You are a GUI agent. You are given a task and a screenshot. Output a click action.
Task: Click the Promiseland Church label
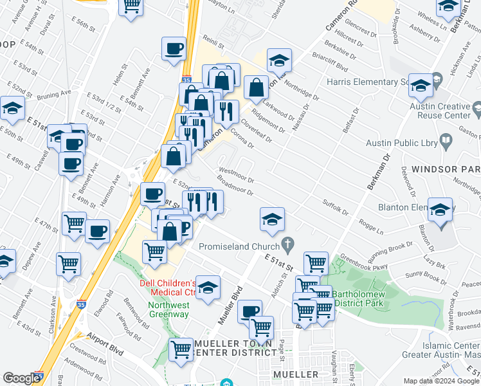[x=238, y=246]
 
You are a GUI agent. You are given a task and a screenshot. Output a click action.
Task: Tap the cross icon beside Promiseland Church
[x=288, y=245]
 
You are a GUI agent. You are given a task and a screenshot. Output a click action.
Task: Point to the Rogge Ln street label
[x=371, y=226]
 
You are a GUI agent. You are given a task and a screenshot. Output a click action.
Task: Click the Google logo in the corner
[x=21, y=378]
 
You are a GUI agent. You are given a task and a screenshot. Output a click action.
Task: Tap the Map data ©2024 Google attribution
[x=440, y=381]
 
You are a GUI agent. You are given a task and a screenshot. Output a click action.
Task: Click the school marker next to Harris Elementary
[x=421, y=86]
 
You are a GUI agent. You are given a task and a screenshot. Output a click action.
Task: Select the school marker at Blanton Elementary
[x=440, y=210]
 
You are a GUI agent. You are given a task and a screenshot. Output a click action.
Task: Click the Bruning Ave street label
[x=54, y=96]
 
